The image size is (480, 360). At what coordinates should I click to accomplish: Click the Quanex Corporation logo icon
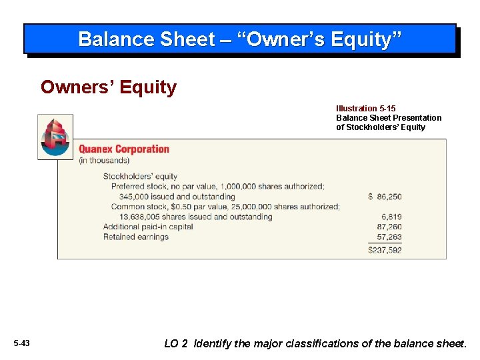pos(55,137)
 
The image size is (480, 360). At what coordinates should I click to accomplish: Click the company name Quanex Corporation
pos(124,149)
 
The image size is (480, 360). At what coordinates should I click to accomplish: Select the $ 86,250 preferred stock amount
pos(385,197)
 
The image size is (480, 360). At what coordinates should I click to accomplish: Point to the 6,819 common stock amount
pos(391,217)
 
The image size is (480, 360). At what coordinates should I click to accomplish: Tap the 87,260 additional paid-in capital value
pos(389,227)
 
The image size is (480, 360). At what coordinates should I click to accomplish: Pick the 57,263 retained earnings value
pos(389,237)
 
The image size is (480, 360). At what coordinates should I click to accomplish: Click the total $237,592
pos(385,251)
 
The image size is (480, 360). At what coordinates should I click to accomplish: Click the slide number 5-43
pos(21,343)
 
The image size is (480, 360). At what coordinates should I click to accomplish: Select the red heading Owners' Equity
pos(109,87)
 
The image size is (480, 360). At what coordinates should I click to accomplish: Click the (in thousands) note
pos(104,161)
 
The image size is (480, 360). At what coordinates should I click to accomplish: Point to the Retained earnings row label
pos(135,237)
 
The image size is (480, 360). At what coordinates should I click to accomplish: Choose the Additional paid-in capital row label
pos(148,227)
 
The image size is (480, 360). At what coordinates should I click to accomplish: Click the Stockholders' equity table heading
pos(140,177)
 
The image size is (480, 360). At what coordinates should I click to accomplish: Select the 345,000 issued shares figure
pos(135,197)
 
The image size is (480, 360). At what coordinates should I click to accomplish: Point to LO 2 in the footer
pos(176,344)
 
